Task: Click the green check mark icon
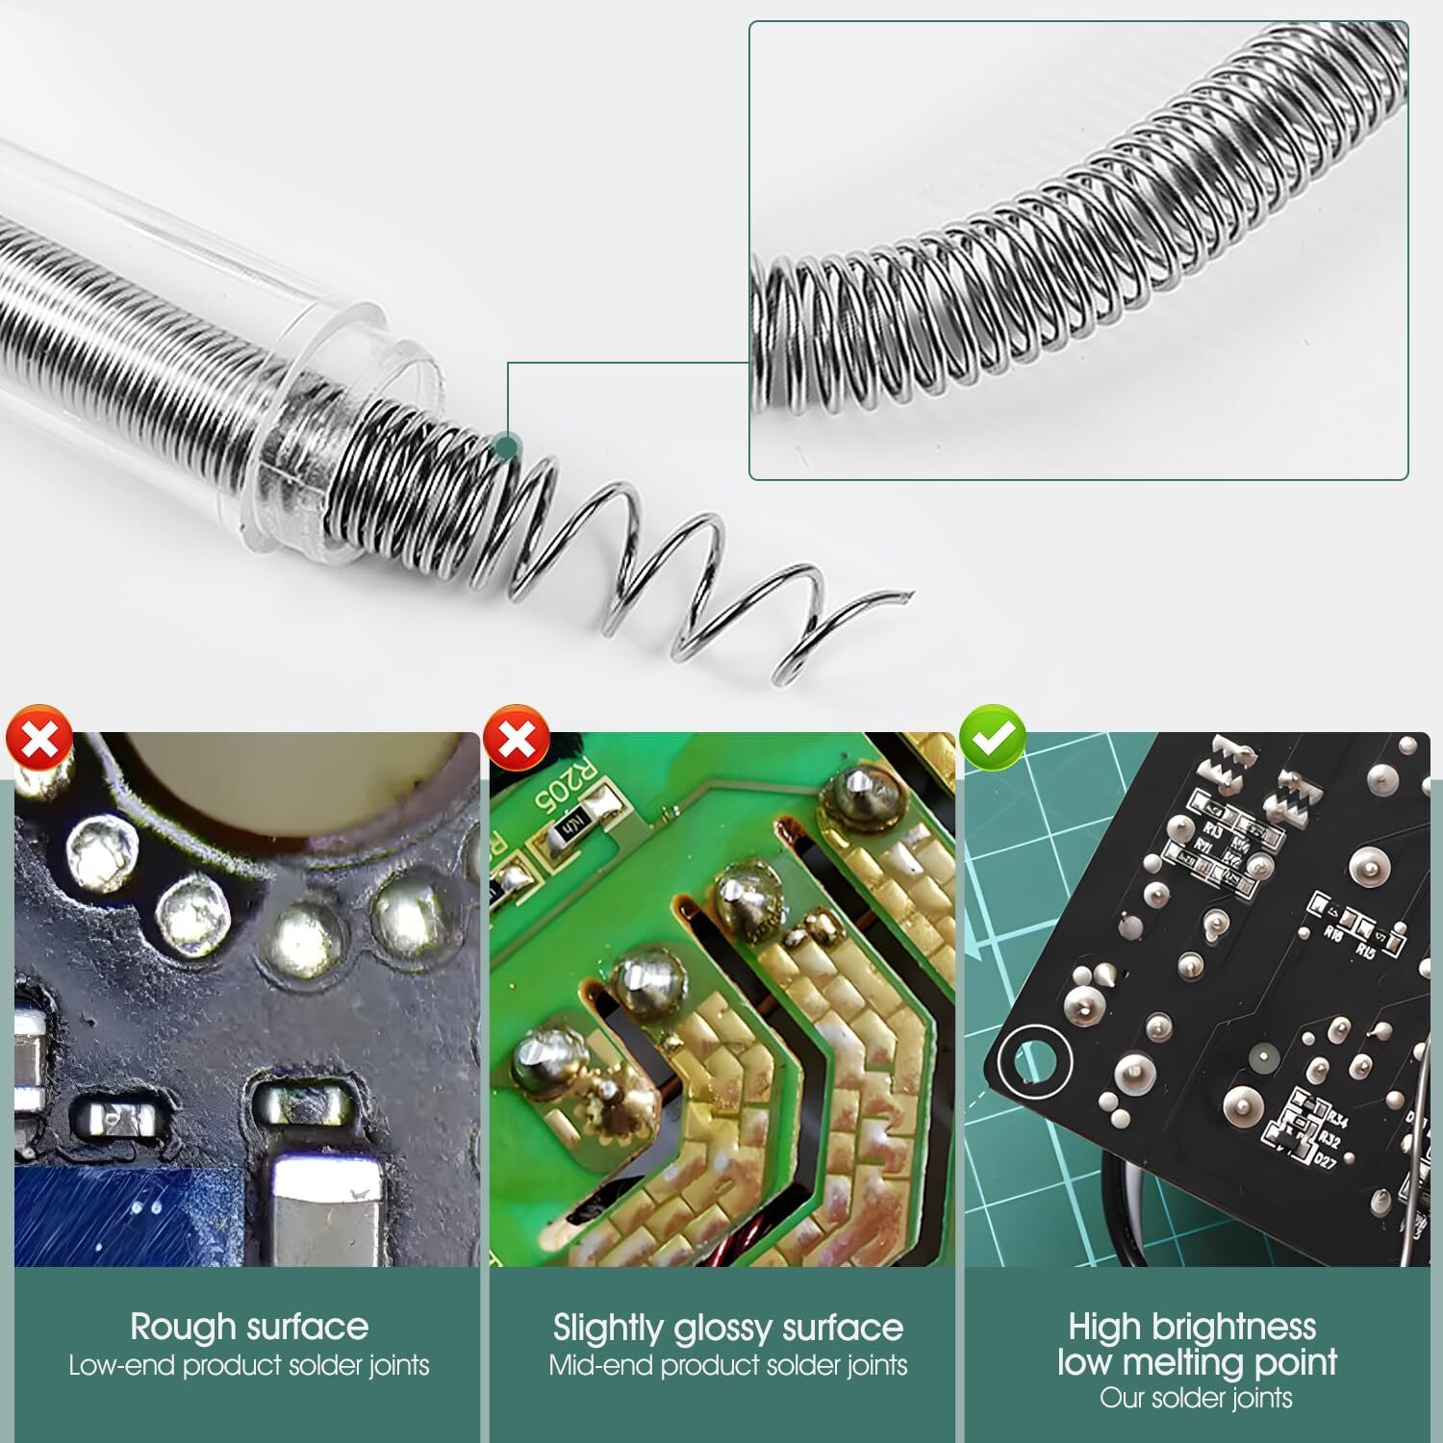point(994,738)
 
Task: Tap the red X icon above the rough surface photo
point(39,738)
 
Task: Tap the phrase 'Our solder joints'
point(1197,1398)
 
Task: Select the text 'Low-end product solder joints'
point(249,1366)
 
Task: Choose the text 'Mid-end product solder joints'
point(728,1366)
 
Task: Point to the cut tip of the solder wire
point(903,595)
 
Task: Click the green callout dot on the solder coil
point(505,445)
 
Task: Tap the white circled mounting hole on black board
point(1033,1061)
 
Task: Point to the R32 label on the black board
point(1330,1139)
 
